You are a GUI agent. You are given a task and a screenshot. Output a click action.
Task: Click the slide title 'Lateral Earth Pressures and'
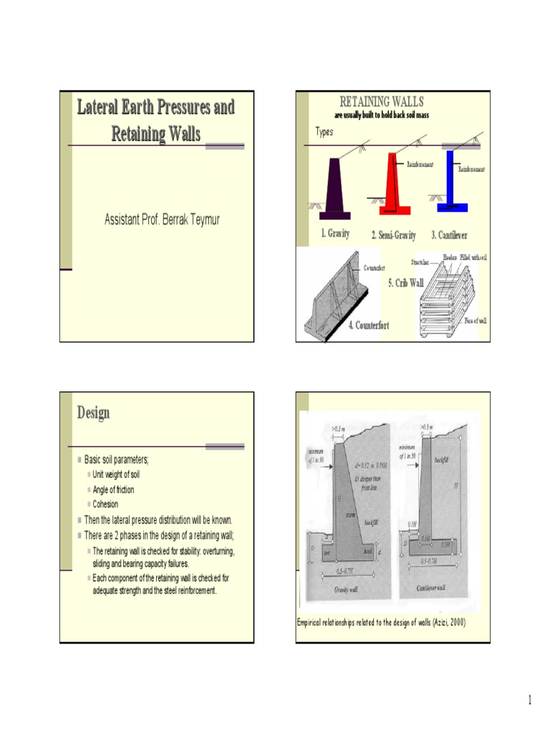[x=155, y=108]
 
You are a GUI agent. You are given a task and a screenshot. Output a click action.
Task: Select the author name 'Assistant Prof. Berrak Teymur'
[x=162, y=219]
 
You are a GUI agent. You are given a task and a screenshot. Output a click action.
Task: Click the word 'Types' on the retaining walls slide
[x=324, y=133]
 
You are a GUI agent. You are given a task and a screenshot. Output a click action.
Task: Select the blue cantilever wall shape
[x=450, y=183]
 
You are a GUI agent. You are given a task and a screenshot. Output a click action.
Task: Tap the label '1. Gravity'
[x=334, y=234]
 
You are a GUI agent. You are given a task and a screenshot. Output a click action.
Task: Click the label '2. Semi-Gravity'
[x=393, y=236]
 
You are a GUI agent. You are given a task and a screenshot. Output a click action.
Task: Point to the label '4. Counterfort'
[x=369, y=327]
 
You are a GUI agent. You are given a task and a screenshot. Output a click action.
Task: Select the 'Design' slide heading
[x=94, y=413]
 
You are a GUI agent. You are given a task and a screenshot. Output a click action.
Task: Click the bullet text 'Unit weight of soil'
[x=116, y=475]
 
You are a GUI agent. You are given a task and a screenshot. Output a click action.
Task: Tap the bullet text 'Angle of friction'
[x=113, y=490]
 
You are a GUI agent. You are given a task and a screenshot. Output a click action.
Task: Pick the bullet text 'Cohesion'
[x=106, y=504]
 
